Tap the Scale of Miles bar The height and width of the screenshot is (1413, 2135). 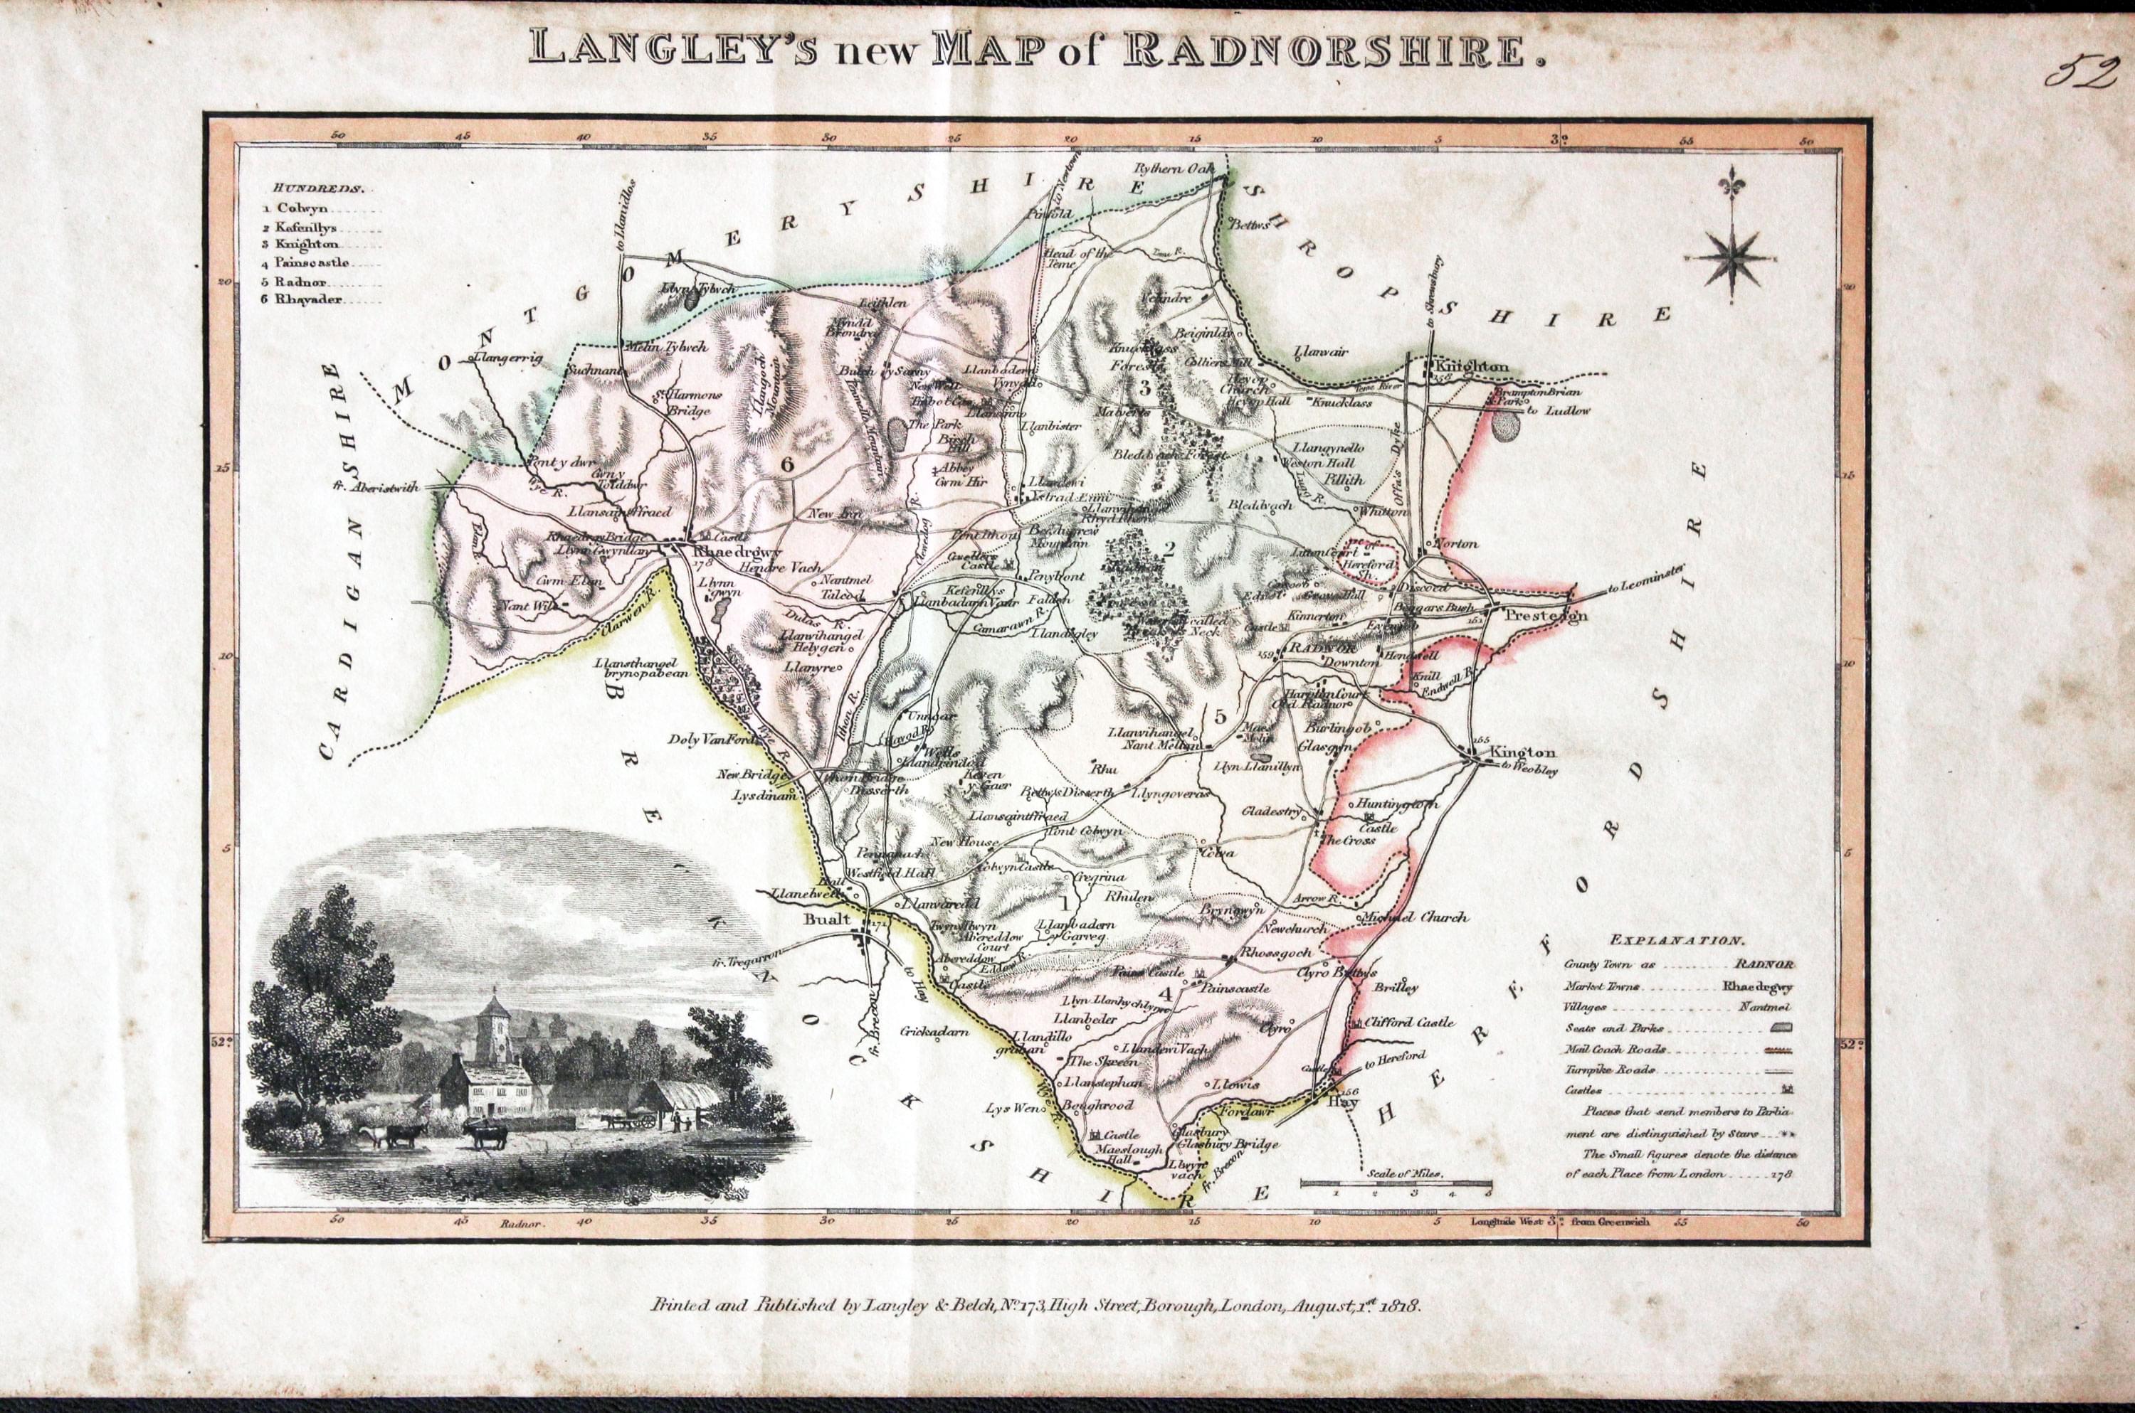pyautogui.click(x=1395, y=1183)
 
